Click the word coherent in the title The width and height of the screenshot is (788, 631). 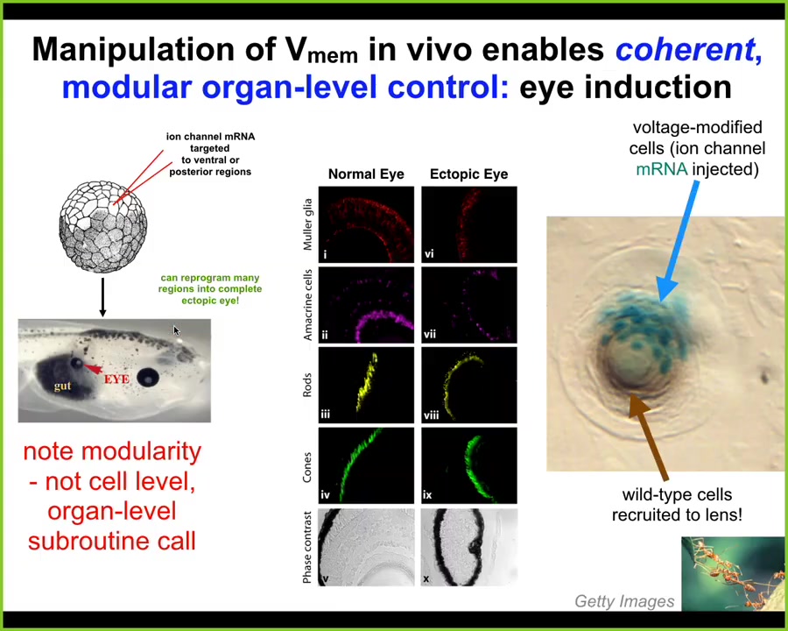click(x=685, y=49)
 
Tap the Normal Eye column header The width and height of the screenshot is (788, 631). click(x=366, y=174)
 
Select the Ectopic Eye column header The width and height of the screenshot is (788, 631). click(x=469, y=174)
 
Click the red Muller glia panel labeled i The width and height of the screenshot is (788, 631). click(x=366, y=224)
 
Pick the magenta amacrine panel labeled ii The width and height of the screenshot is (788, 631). click(x=366, y=305)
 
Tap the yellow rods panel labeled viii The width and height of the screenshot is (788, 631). click(x=469, y=386)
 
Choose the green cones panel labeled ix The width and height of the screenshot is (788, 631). click(x=469, y=465)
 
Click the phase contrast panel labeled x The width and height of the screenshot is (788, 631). click(x=469, y=547)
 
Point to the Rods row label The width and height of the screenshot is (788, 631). click(x=307, y=386)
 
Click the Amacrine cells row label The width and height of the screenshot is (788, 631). click(x=307, y=305)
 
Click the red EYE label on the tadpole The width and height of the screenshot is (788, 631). click(x=116, y=379)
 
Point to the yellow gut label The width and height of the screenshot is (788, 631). click(x=63, y=386)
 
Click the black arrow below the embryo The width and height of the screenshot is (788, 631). click(x=102, y=297)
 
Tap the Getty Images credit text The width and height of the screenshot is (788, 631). click(x=624, y=601)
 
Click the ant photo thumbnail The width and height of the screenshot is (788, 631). click(x=733, y=574)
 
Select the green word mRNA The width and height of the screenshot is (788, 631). click(x=661, y=169)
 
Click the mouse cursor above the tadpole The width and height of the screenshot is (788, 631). click(x=176, y=330)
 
